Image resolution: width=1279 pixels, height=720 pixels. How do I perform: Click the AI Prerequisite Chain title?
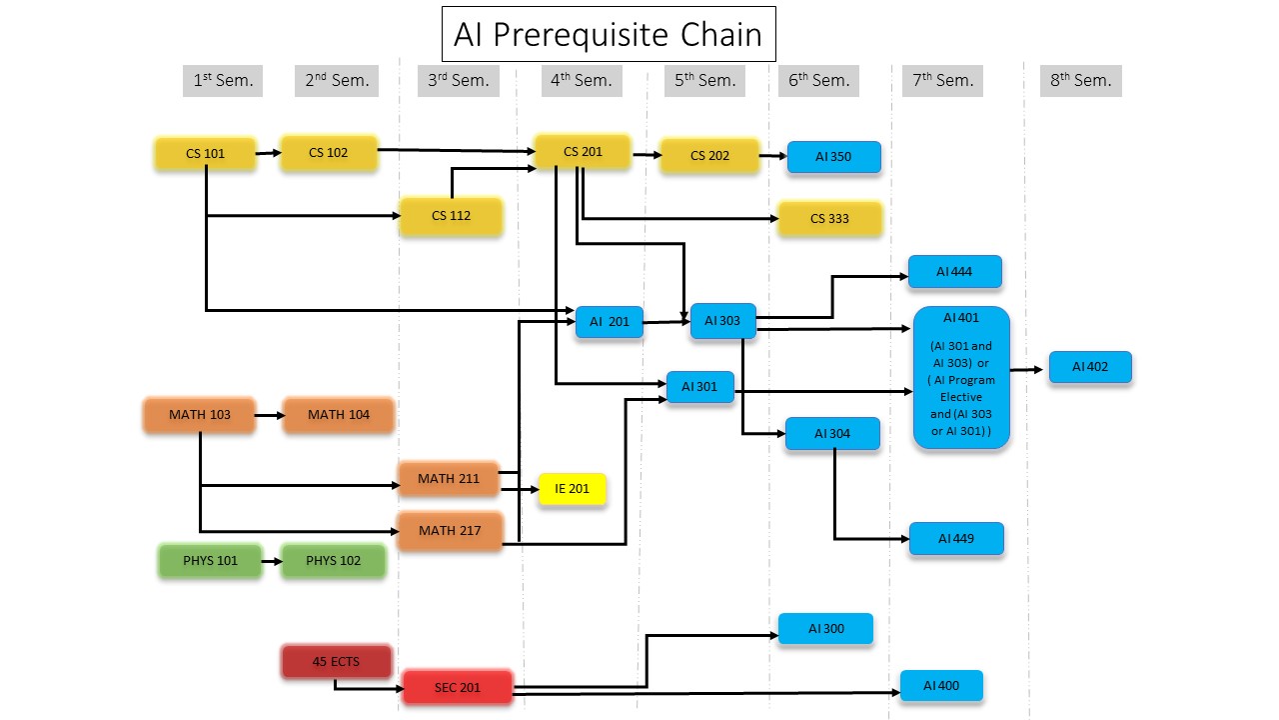click(x=608, y=35)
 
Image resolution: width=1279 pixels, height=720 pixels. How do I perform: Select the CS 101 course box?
click(x=205, y=154)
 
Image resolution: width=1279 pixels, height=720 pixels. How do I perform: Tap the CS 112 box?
click(x=451, y=216)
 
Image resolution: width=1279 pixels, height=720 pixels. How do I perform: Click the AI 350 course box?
click(x=833, y=157)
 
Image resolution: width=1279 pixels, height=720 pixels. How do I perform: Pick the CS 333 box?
click(x=829, y=219)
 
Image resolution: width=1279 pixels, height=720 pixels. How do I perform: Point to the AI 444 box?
click(x=954, y=272)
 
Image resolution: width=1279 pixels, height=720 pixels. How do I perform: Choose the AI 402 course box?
click(x=1090, y=367)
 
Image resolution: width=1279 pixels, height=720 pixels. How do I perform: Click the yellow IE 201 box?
click(x=572, y=489)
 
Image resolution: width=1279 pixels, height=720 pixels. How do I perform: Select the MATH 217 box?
click(x=450, y=531)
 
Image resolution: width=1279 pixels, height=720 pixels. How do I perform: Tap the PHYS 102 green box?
click(x=334, y=561)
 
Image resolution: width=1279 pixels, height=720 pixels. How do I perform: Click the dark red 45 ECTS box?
click(x=336, y=662)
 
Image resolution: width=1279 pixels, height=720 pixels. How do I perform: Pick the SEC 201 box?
click(x=458, y=688)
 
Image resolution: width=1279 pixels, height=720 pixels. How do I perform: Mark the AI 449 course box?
click(x=955, y=539)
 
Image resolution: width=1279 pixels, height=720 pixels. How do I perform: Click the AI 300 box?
click(x=825, y=629)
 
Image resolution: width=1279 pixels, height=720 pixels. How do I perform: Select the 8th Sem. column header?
click(x=1080, y=81)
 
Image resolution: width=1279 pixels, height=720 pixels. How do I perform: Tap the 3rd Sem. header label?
click(x=459, y=81)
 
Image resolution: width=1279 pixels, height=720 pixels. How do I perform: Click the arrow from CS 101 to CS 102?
click(x=268, y=153)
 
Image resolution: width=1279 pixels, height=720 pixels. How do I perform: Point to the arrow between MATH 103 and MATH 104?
click(x=270, y=414)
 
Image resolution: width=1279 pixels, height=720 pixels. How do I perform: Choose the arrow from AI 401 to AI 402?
click(x=1029, y=369)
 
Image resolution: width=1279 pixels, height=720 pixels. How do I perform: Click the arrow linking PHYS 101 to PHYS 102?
click(x=271, y=561)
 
